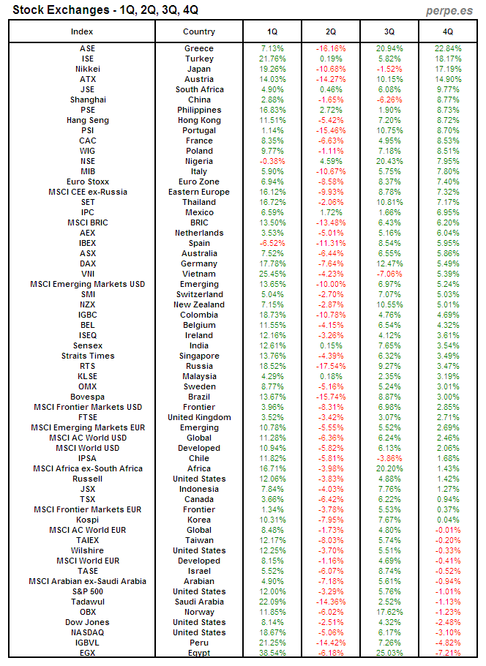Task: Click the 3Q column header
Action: (389, 31)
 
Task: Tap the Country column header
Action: (199, 31)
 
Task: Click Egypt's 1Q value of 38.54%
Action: (272, 653)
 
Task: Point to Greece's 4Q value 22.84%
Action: (448, 48)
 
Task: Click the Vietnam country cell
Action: (199, 274)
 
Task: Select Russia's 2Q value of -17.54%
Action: (331, 366)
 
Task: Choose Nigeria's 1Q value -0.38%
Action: (272, 161)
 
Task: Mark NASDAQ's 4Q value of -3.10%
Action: (448, 632)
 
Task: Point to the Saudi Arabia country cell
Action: (199, 602)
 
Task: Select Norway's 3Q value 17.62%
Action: (389, 612)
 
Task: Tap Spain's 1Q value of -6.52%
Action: (272, 243)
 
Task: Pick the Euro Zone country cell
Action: (199, 182)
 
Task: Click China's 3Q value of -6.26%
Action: (389, 100)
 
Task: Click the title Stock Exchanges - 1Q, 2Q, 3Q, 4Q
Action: (103, 10)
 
